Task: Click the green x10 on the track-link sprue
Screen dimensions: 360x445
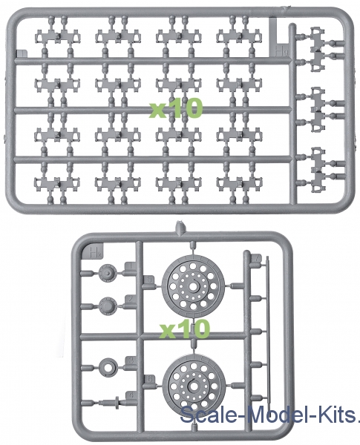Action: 176,108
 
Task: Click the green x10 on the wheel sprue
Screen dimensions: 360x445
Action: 184,329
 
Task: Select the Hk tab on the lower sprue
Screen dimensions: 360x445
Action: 92,251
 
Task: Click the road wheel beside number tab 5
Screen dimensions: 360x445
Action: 194,286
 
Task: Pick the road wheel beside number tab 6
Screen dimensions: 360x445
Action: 194,385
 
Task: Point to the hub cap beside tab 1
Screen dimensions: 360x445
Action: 107,273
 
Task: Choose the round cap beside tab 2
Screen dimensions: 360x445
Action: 108,306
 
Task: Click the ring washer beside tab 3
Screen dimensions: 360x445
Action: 108,368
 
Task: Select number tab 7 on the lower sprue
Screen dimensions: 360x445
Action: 256,259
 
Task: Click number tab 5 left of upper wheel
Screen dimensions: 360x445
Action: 149,280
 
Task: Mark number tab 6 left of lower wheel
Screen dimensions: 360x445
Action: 150,379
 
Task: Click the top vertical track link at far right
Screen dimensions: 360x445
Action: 318,50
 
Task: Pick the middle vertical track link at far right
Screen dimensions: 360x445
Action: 318,110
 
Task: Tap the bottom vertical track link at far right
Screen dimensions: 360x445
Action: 318,169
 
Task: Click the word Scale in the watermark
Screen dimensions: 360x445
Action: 208,415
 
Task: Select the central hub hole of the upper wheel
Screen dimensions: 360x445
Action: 194,286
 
